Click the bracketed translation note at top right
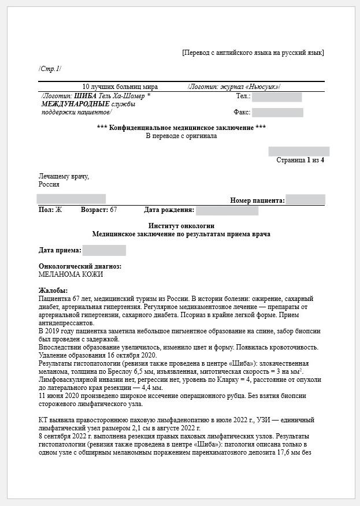253,53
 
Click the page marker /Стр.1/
50,69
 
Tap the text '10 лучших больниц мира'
120,87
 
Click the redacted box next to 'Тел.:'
276,96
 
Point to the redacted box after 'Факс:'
277,112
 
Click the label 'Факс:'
242,112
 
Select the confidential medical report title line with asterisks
181,128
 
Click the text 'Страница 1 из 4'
300,160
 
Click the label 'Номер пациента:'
257,200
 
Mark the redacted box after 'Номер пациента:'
305,200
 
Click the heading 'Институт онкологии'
181,225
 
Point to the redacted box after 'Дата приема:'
104,250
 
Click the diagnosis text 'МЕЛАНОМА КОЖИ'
66,274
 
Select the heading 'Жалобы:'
53,290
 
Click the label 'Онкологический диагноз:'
80,266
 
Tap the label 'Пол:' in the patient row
46,210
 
